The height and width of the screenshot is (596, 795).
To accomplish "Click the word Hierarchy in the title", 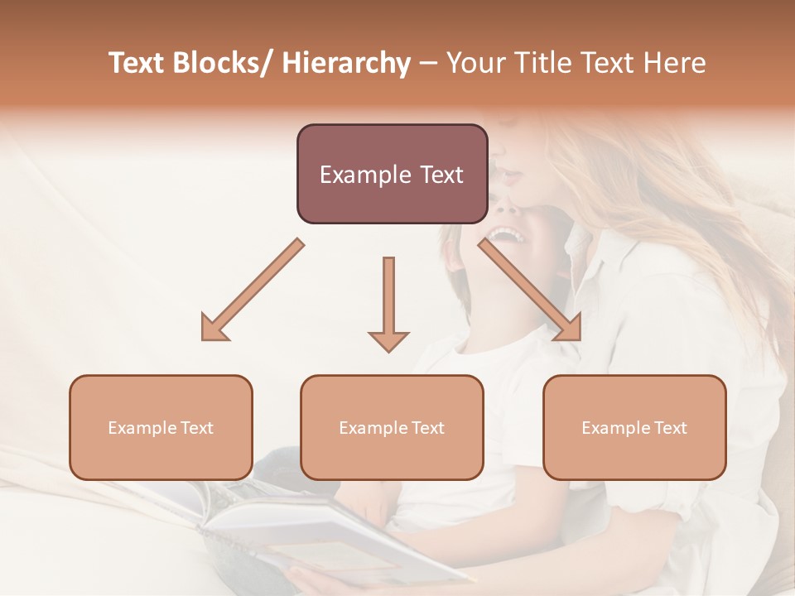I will (346, 63).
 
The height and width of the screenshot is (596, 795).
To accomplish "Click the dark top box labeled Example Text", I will (392, 174).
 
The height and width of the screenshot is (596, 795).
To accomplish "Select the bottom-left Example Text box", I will (161, 427).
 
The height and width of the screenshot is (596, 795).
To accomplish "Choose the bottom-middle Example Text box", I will (392, 427).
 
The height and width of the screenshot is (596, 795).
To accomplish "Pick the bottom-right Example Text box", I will (634, 427).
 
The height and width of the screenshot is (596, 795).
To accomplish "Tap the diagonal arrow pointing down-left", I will (253, 290).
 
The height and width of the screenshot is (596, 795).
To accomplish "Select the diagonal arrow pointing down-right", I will (530, 290).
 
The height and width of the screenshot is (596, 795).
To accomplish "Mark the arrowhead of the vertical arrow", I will (388, 339).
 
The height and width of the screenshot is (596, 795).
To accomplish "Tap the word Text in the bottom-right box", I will (670, 428).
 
